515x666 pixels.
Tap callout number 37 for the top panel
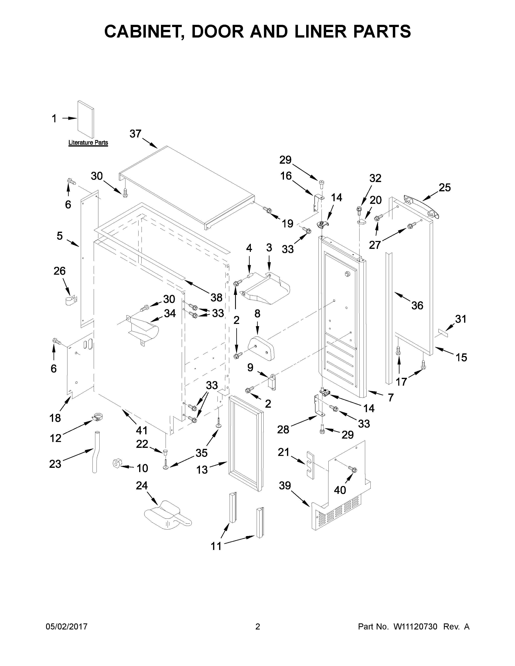pos(136,134)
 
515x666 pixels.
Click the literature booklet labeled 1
pos(86,119)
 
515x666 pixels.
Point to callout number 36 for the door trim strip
pos(417,305)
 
